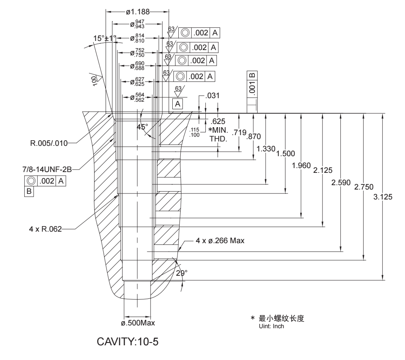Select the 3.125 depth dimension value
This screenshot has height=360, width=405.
[384, 199]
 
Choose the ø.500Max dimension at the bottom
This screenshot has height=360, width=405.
[138, 323]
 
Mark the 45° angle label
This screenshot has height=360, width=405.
[142, 126]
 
